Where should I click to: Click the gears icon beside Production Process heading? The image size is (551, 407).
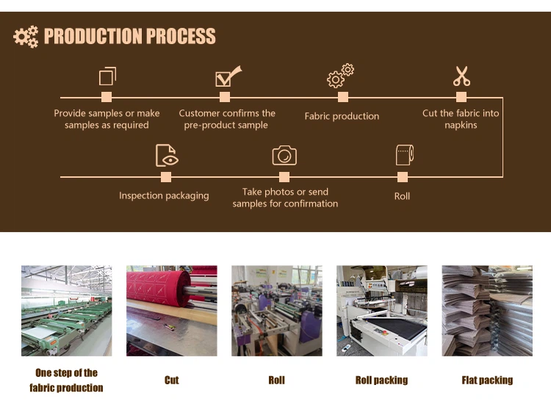pos(26,37)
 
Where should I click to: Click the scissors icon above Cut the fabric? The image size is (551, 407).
pos(461,76)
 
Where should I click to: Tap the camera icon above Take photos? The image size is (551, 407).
pos(284,155)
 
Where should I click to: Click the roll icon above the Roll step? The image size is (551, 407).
pos(404,154)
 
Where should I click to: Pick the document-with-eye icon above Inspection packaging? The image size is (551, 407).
pos(167,155)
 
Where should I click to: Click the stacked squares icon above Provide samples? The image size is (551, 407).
pos(107,76)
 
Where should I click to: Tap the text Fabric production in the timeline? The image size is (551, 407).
pos(342,116)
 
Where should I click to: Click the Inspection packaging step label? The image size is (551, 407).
pos(164,195)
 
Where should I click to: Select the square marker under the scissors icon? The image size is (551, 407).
pos(461,97)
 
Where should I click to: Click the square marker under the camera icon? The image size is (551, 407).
pos(284,176)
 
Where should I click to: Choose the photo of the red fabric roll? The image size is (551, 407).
pos(171,311)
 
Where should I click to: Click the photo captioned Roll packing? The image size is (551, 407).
pos(381,311)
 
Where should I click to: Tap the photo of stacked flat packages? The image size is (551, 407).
pos(487,311)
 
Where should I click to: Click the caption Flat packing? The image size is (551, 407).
pos(487,380)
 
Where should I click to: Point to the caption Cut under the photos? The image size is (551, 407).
pos(171,380)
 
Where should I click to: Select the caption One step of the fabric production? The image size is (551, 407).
pos(66,380)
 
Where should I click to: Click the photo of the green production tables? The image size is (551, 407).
pos(66,311)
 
